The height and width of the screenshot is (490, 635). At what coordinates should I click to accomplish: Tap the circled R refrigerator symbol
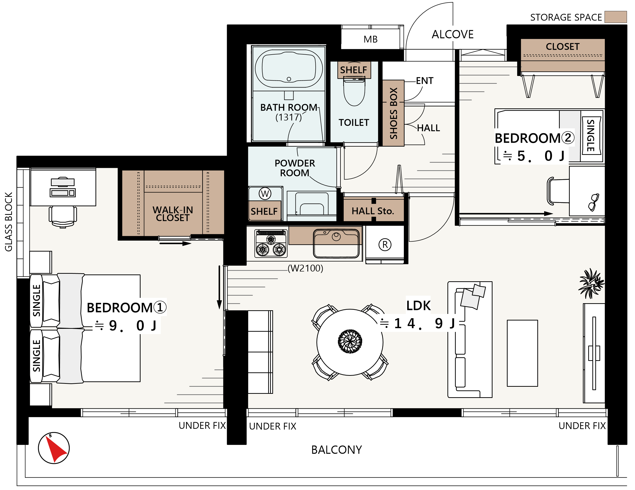(385, 245)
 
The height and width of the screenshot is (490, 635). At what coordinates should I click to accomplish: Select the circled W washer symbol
(265, 194)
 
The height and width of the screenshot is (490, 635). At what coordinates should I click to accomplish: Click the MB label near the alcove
(370, 39)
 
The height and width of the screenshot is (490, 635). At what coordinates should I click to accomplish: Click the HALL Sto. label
(373, 211)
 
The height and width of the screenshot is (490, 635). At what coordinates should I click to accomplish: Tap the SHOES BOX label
(393, 113)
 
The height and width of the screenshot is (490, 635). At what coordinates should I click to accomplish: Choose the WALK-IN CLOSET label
(173, 214)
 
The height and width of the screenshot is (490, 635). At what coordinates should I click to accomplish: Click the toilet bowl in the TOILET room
(354, 91)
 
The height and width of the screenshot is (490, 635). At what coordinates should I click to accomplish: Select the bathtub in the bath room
(289, 69)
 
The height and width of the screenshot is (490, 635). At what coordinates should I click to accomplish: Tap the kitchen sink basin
(336, 244)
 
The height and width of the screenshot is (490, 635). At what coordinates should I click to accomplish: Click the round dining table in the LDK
(350, 342)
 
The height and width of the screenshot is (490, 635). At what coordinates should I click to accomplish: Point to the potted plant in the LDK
(591, 283)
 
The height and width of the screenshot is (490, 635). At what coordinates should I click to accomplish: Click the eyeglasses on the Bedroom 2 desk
(593, 202)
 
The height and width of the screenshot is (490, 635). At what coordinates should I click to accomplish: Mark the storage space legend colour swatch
(616, 17)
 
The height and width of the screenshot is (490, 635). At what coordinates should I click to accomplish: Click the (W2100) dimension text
(305, 268)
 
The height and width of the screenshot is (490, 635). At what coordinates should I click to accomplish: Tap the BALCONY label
(336, 450)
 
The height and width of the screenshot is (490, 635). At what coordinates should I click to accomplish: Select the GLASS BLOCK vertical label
(9, 222)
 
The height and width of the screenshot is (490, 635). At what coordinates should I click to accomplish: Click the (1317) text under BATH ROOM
(288, 117)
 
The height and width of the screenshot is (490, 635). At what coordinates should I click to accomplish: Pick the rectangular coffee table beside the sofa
(522, 353)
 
